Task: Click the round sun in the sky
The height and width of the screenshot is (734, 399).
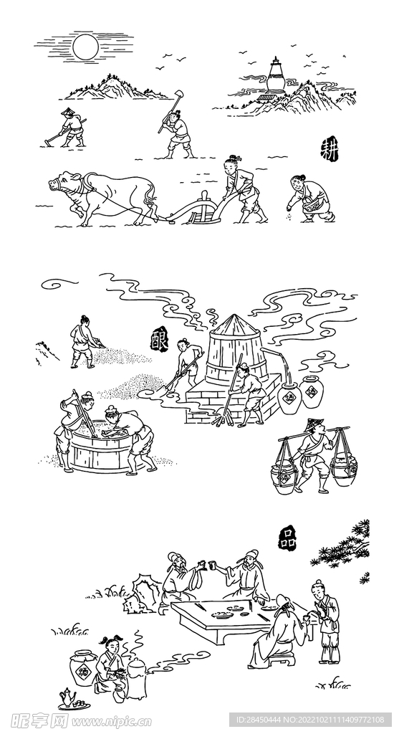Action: [x=85, y=47]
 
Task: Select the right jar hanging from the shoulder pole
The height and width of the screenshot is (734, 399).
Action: [x=344, y=475]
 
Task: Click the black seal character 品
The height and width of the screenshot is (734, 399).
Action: [x=287, y=538]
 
